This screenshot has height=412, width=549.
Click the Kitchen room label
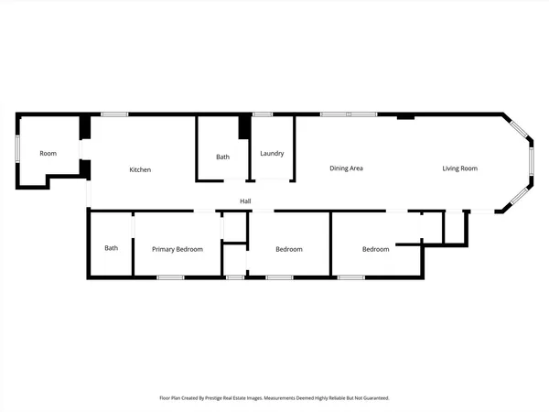point(140,169)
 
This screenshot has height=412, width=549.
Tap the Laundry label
point(272,154)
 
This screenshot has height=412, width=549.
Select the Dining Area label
point(347,168)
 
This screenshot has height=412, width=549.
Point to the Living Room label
point(460,168)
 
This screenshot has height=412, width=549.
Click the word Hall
point(245,201)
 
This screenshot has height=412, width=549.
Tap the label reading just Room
point(48,154)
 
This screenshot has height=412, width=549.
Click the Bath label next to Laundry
point(223,157)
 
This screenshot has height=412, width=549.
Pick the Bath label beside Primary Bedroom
point(111,248)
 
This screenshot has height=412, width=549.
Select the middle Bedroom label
point(289,249)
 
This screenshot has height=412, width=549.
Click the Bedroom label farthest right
point(375,249)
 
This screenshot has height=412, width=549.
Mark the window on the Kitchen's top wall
point(114,114)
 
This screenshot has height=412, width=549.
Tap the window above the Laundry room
point(263,114)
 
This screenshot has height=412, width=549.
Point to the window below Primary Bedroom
point(170,276)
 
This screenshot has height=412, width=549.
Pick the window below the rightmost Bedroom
point(351,276)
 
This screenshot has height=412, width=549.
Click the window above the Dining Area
point(349,114)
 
